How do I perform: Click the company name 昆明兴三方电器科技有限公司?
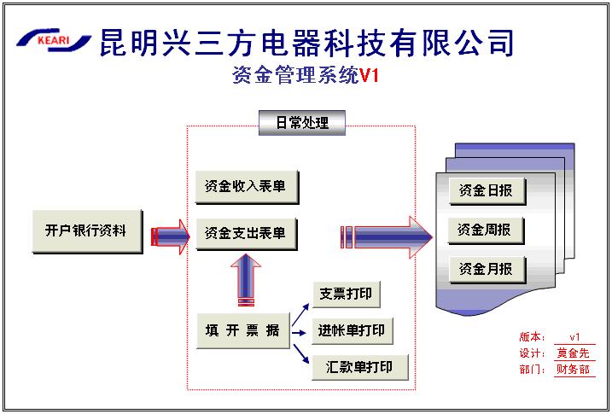tap(307, 40)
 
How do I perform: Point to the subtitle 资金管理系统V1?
tap(305, 76)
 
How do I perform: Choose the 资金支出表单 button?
tap(246, 232)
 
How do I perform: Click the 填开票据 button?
tap(242, 331)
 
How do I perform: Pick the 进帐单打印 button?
tap(352, 331)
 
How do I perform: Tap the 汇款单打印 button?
tap(358, 367)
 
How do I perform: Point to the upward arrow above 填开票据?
tap(246, 280)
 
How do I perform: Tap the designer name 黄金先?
tap(573, 353)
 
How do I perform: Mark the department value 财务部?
tap(573, 370)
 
